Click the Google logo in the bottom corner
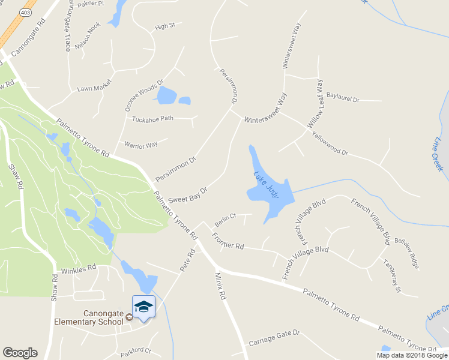[20, 353]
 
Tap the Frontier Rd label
[228, 241]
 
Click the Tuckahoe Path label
[152, 118]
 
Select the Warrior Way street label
[140, 145]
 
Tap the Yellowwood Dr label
[330, 144]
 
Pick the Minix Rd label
[220, 285]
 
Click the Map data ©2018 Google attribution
[412, 355]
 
